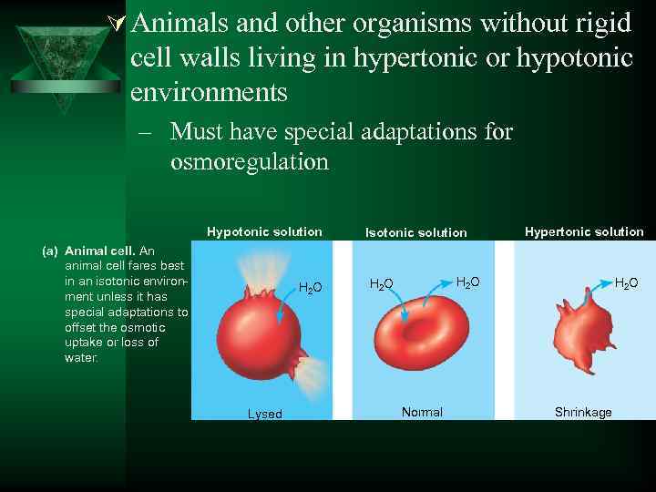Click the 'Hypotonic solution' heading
click(x=264, y=231)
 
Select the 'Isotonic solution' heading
click(x=415, y=232)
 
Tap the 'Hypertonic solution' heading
click(x=584, y=231)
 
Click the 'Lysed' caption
click(x=265, y=414)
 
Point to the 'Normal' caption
click(x=422, y=413)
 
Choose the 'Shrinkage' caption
click(x=583, y=413)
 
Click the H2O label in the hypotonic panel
click(x=311, y=288)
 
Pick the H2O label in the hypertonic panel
click(x=626, y=283)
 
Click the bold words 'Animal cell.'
click(x=100, y=250)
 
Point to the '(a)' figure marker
click(x=51, y=250)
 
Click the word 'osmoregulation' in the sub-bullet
click(x=249, y=162)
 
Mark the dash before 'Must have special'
click(x=145, y=133)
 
